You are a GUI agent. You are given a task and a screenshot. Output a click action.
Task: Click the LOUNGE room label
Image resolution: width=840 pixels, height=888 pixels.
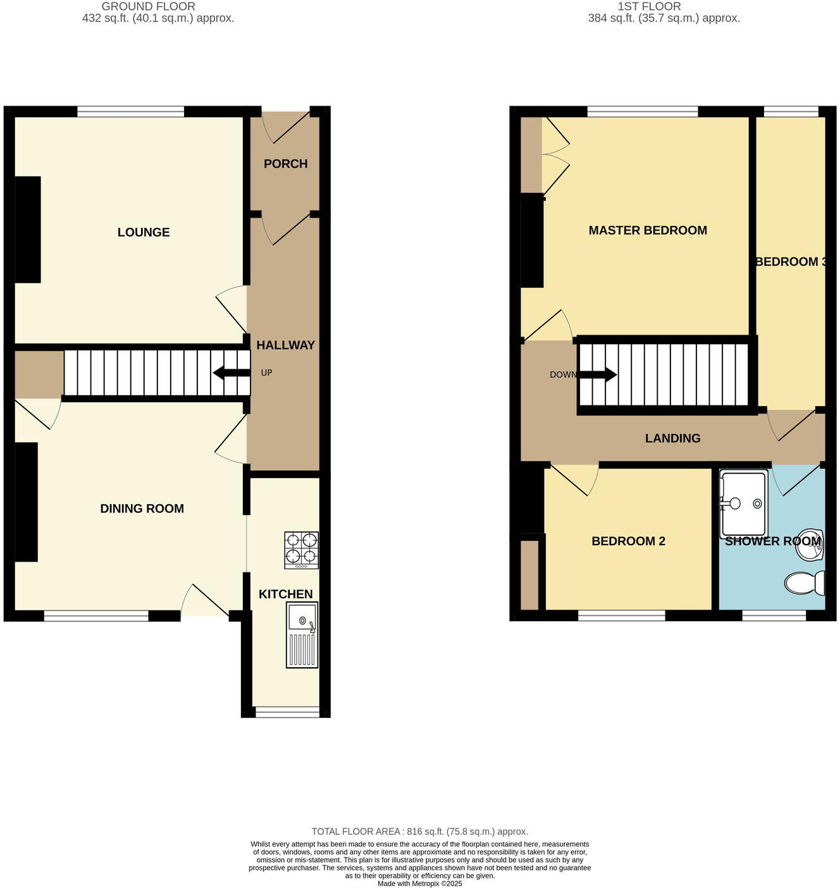(x=144, y=232)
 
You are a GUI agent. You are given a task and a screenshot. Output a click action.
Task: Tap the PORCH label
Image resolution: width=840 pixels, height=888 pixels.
(x=285, y=164)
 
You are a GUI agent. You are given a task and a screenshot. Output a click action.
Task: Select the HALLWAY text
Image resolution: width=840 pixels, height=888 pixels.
(x=285, y=345)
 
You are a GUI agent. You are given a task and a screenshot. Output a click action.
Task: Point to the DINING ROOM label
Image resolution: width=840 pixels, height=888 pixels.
(x=142, y=509)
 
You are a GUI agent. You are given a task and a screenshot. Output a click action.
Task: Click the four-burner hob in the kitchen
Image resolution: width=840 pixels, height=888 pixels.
(x=301, y=548)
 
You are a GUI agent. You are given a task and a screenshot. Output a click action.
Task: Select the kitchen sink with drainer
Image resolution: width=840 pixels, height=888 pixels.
(x=302, y=634)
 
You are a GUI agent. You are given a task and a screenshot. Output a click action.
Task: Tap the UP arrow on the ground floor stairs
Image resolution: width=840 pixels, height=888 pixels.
(x=231, y=373)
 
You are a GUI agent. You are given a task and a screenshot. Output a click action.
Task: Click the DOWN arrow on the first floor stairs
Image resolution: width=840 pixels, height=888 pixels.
(x=597, y=374)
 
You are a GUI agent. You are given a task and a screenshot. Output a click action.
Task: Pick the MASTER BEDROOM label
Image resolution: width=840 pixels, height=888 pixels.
(x=648, y=231)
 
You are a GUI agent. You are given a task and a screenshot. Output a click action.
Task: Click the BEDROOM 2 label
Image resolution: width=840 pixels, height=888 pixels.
(x=628, y=541)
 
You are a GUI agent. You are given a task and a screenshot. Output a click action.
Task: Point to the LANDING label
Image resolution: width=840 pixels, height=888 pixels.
(x=672, y=438)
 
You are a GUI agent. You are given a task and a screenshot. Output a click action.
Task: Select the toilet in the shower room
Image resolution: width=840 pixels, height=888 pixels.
(x=805, y=583)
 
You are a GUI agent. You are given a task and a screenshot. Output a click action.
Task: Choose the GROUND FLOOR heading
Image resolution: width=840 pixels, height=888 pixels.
(x=148, y=6)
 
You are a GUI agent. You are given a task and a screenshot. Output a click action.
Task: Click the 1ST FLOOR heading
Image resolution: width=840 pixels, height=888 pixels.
(x=649, y=6)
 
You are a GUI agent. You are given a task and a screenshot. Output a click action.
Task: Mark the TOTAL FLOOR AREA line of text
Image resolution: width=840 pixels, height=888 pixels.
(x=419, y=832)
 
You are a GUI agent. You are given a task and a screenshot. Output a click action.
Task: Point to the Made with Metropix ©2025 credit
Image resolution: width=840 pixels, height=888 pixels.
(x=419, y=884)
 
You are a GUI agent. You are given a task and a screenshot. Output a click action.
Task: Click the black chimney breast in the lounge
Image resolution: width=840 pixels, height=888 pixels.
(x=28, y=230)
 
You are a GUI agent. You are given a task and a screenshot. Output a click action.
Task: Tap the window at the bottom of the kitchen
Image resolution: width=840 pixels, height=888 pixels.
(x=287, y=712)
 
